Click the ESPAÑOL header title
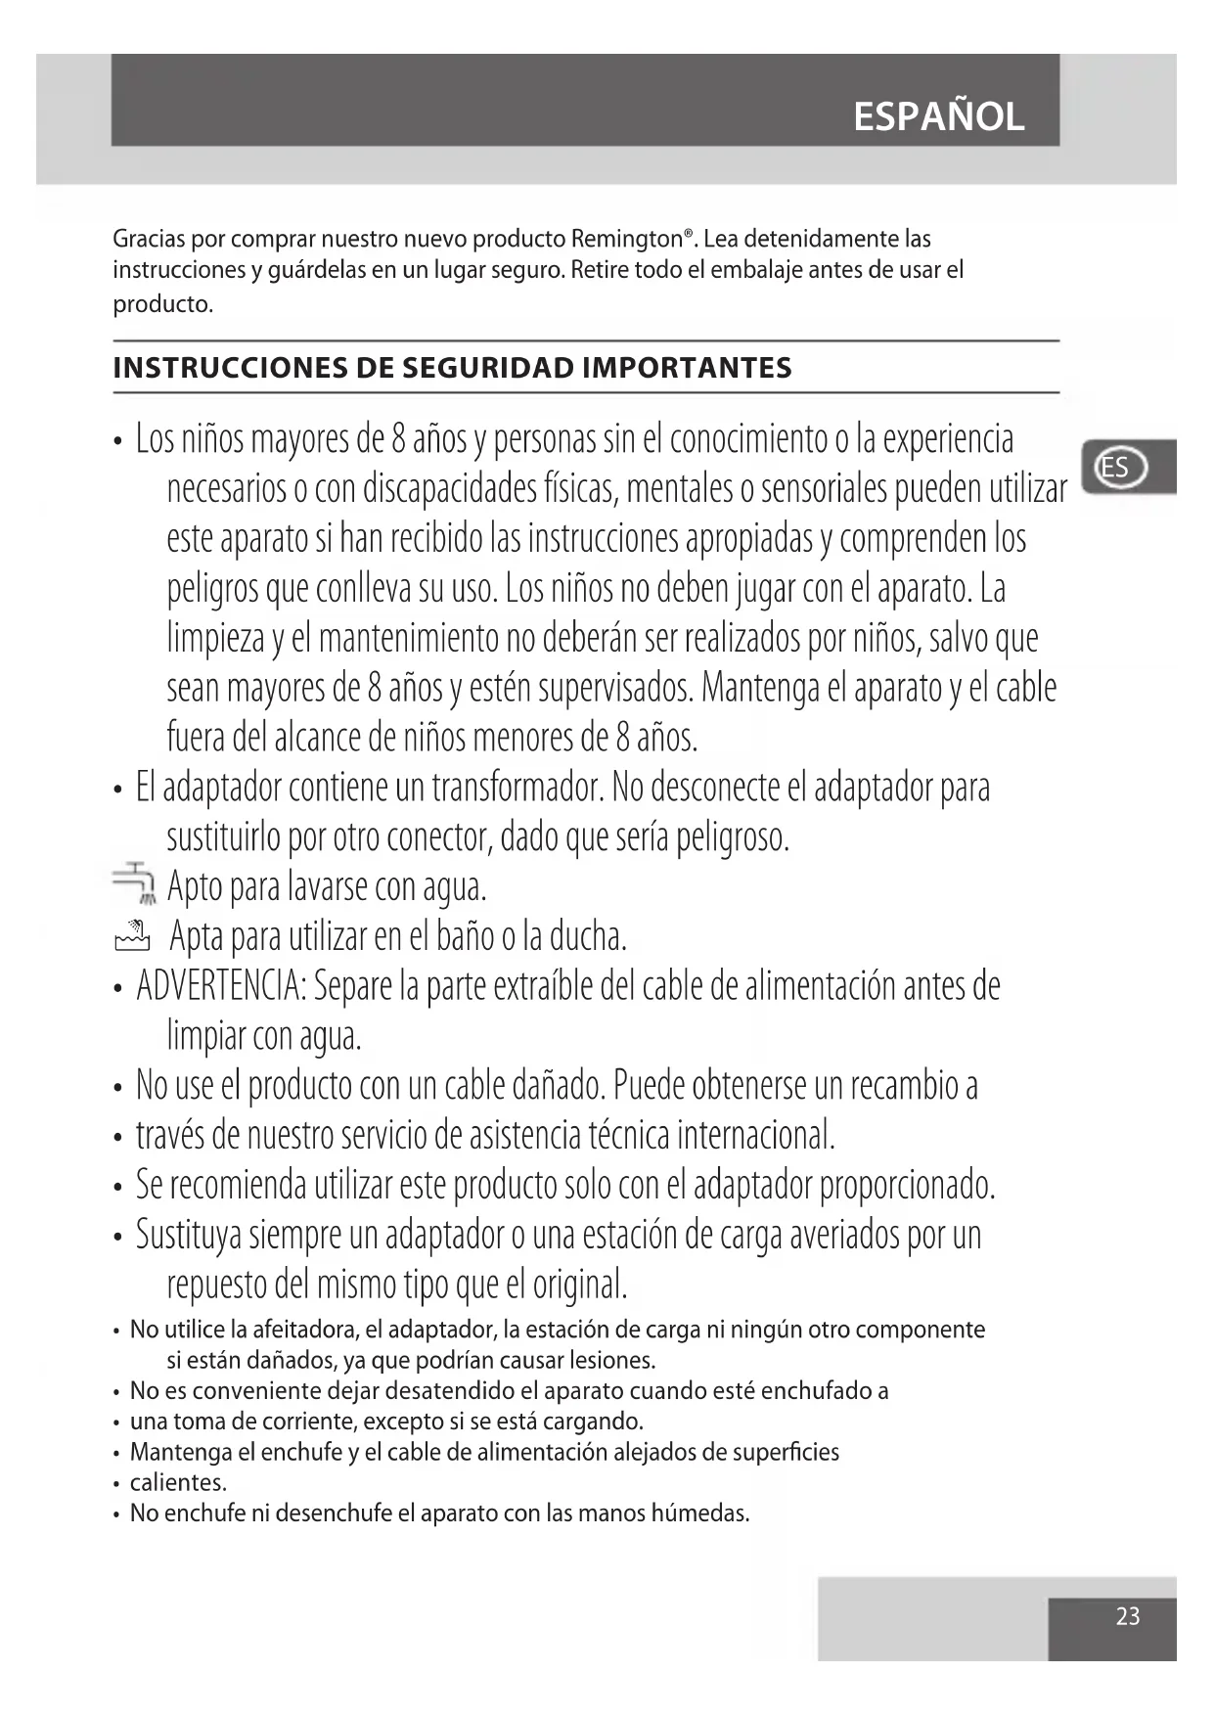click(x=938, y=117)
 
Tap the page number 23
click(x=1127, y=1615)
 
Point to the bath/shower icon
click(x=132, y=936)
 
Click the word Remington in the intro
click(x=626, y=239)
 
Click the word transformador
click(x=517, y=787)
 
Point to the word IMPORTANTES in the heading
click(x=687, y=368)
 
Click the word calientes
click(x=178, y=1482)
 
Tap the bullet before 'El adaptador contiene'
click(x=117, y=789)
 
